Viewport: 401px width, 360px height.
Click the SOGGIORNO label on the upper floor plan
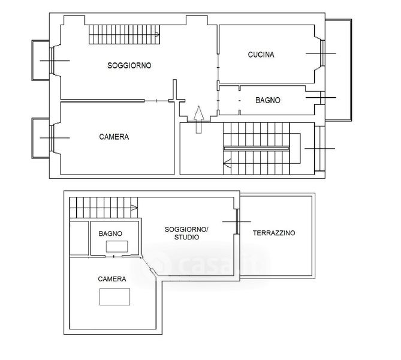129,65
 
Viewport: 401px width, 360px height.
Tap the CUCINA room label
261,55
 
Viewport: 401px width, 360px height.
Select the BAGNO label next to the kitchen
268,100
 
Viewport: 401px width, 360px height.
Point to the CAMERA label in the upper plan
114,137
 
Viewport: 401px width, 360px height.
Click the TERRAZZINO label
274,233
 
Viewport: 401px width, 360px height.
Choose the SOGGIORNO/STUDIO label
186,233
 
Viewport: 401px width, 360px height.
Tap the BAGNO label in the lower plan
110,233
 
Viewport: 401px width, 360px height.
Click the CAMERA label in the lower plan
112,279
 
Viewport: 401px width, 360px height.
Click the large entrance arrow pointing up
198,119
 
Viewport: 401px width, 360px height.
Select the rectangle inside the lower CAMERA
115,297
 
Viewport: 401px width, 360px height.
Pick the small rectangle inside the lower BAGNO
117,247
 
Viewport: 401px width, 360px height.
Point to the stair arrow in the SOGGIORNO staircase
157,34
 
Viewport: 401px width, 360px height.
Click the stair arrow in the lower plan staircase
134,208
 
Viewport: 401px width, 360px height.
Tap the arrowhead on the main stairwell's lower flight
227,163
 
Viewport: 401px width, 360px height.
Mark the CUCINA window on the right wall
322,53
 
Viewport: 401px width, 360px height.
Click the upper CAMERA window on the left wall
52,138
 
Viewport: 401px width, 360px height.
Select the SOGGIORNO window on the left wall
52,61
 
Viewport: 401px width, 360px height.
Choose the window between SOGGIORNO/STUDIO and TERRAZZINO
237,221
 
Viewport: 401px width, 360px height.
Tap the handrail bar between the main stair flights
257,149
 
